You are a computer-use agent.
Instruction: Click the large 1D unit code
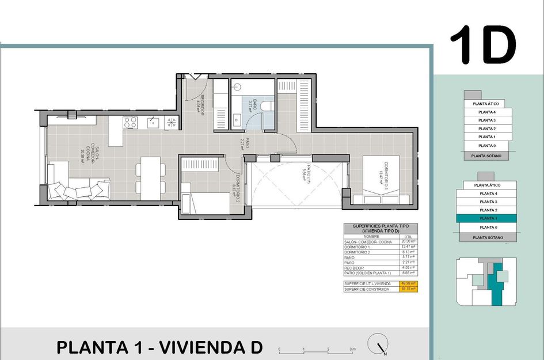click(482, 45)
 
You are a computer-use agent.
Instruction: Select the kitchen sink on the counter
click(153, 122)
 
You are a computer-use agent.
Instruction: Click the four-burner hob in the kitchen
click(130, 122)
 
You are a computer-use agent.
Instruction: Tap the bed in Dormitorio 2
click(206, 203)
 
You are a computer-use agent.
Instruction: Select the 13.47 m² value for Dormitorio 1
click(409, 247)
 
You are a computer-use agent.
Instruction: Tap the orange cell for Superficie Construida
click(409, 289)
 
